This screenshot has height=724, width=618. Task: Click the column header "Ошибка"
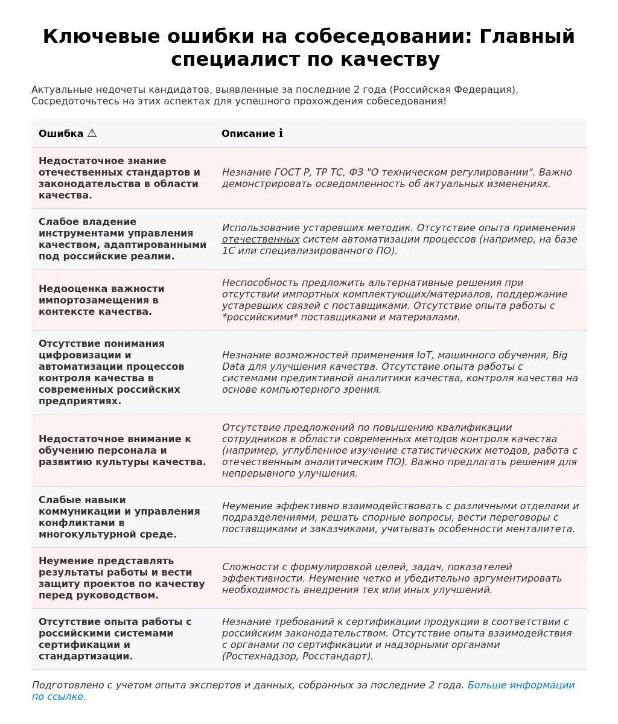61,133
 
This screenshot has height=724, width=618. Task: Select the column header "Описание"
248,133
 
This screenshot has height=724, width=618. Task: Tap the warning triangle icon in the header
92,133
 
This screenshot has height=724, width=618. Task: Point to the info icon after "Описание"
281,133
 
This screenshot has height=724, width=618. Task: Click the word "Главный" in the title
527,36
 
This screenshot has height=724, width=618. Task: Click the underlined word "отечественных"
261,239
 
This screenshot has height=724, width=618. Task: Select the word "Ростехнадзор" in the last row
260,656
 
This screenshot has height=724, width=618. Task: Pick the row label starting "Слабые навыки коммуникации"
119,517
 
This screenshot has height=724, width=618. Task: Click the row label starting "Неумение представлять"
121,578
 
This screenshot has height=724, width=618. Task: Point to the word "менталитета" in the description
545,529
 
